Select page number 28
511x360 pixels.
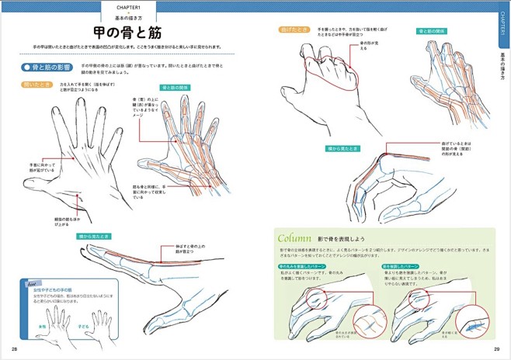click(x=14, y=350)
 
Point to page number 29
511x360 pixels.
click(x=496, y=350)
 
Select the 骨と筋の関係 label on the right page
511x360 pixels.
click(x=432, y=31)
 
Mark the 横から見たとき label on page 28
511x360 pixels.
click(x=94, y=236)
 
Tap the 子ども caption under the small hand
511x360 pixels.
click(x=85, y=327)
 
